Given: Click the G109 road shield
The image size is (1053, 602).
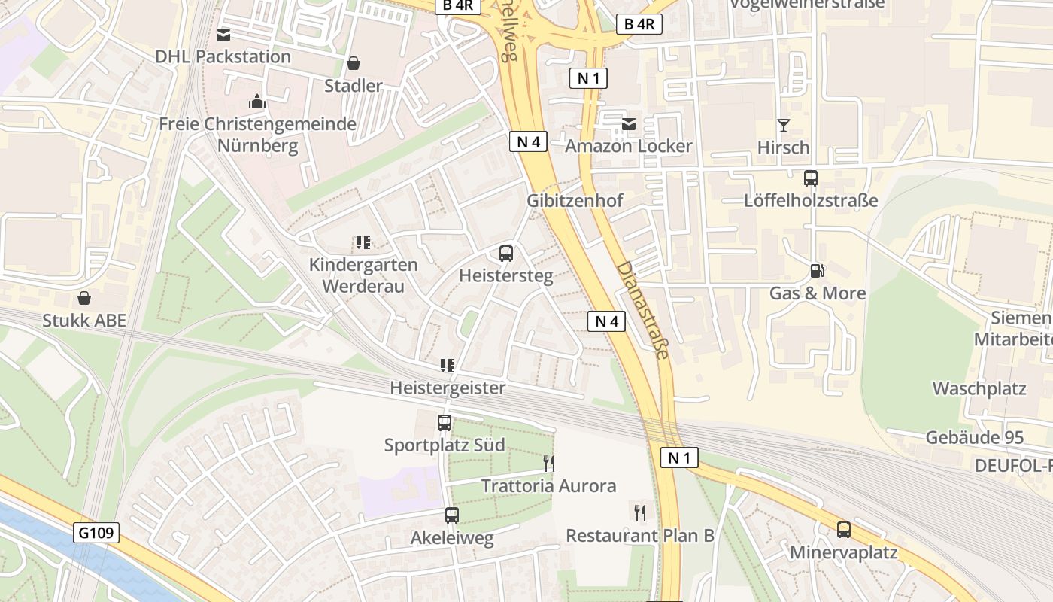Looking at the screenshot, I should click(97, 534).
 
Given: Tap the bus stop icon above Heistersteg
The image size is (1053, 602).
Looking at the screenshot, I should click(506, 254).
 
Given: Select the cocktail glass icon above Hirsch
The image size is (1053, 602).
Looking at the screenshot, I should click(784, 125).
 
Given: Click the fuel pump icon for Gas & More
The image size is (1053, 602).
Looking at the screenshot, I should click(817, 271).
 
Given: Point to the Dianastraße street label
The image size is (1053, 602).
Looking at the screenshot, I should click(642, 309).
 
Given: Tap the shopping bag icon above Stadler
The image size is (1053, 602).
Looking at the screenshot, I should click(354, 63).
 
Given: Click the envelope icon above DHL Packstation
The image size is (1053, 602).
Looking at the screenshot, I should click(223, 35).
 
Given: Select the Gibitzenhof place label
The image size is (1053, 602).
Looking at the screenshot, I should click(575, 201).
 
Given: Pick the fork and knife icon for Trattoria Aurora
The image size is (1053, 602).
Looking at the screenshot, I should click(549, 463).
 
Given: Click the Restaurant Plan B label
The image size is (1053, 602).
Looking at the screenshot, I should click(639, 535).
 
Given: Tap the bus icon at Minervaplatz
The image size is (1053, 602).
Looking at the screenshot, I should click(844, 530).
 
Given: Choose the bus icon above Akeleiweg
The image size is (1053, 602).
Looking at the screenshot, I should click(451, 515).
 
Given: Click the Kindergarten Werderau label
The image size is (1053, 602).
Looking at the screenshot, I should click(363, 275).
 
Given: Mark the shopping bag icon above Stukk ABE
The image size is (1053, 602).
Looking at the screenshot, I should click(84, 299).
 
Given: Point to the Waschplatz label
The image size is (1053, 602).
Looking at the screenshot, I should click(979, 388).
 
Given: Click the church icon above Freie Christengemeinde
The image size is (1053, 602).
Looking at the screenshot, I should click(257, 102).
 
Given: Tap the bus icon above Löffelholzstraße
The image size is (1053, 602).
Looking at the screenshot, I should click(811, 178).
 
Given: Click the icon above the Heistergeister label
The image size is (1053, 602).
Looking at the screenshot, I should click(448, 366).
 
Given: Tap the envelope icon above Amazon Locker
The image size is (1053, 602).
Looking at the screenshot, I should click(628, 124).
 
